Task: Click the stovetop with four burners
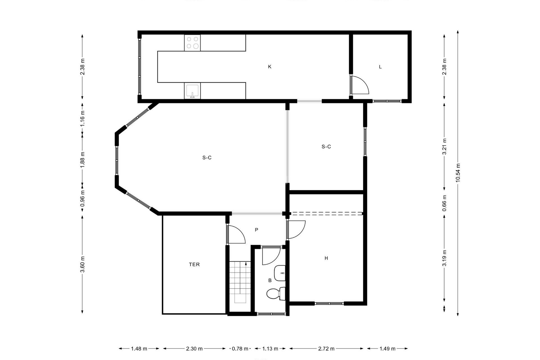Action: [x=192, y=43]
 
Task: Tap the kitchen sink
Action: [x=192, y=91]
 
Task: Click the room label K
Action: [x=270, y=67]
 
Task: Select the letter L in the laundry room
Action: [x=380, y=67]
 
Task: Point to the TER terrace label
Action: [x=194, y=264]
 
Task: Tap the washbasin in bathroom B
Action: [x=280, y=273]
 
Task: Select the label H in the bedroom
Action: [x=326, y=258]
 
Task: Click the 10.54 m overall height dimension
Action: [x=458, y=173]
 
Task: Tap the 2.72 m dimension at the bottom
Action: [x=326, y=349]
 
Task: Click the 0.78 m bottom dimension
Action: [x=240, y=349]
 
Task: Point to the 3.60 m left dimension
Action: [x=82, y=264]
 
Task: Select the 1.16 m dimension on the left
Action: [x=82, y=118]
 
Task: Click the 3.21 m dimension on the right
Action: [x=444, y=147]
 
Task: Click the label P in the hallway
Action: [x=256, y=230]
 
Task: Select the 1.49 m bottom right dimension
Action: [x=387, y=349]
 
